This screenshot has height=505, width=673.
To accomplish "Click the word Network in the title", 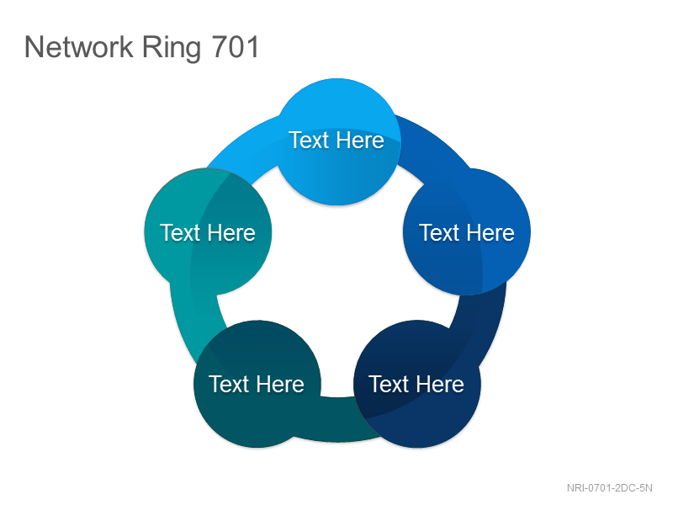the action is click(x=79, y=46).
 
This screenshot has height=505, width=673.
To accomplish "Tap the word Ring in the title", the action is click(x=172, y=48).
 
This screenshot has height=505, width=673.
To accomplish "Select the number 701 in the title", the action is click(x=236, y=46).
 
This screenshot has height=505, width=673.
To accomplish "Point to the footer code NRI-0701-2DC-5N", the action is click(x=609, y=488).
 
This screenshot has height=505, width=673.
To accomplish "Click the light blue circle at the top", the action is click(x=337, y=141).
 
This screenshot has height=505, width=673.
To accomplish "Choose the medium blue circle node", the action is click(x=467, y=232).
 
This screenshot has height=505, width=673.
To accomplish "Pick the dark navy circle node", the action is click(x=417, y=384).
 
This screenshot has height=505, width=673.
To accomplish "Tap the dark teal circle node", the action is click(x=257, y=384).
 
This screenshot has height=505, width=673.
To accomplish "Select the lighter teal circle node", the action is click(x=208, y=232).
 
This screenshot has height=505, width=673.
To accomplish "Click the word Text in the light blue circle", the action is click(x=309, y=140).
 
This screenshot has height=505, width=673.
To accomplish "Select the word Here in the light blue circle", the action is click(x=360, y=140).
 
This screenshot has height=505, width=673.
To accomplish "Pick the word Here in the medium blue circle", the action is click(x=490, y=233).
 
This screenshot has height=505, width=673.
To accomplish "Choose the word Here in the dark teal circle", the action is click(x=281, y=384).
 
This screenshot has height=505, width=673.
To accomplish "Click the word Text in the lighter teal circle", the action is click(x=180, y=233).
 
